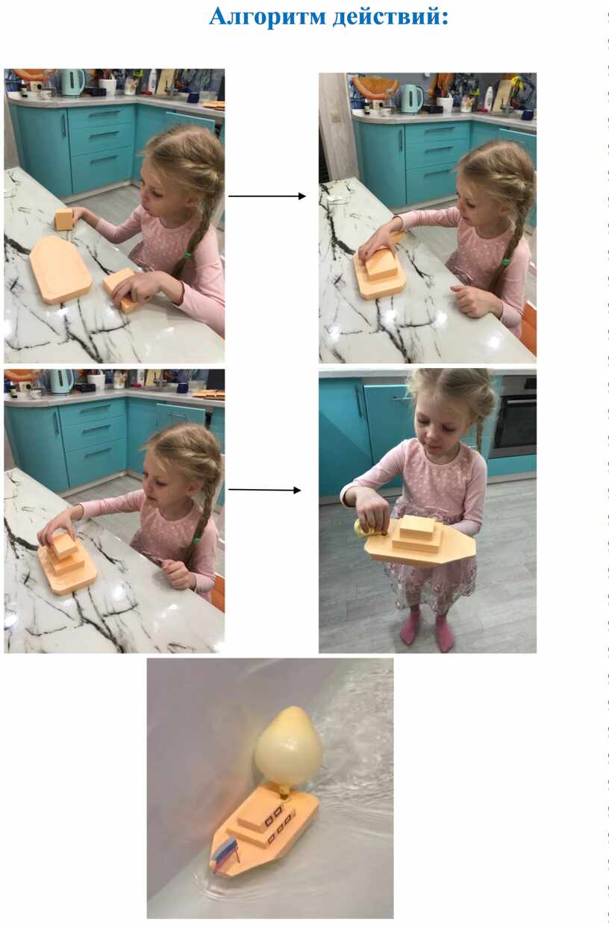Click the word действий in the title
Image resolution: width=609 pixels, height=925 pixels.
389,16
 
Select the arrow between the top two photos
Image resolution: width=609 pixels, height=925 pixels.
267,196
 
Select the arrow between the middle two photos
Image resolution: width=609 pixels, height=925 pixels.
265,490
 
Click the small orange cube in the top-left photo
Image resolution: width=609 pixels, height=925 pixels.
64,219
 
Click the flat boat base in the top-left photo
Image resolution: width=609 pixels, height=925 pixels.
60,269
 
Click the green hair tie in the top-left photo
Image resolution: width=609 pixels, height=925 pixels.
187,255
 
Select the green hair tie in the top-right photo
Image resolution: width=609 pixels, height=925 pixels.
505,261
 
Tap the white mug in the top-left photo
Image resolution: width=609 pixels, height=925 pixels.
107,87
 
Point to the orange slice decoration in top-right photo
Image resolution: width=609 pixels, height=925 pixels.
375,86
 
